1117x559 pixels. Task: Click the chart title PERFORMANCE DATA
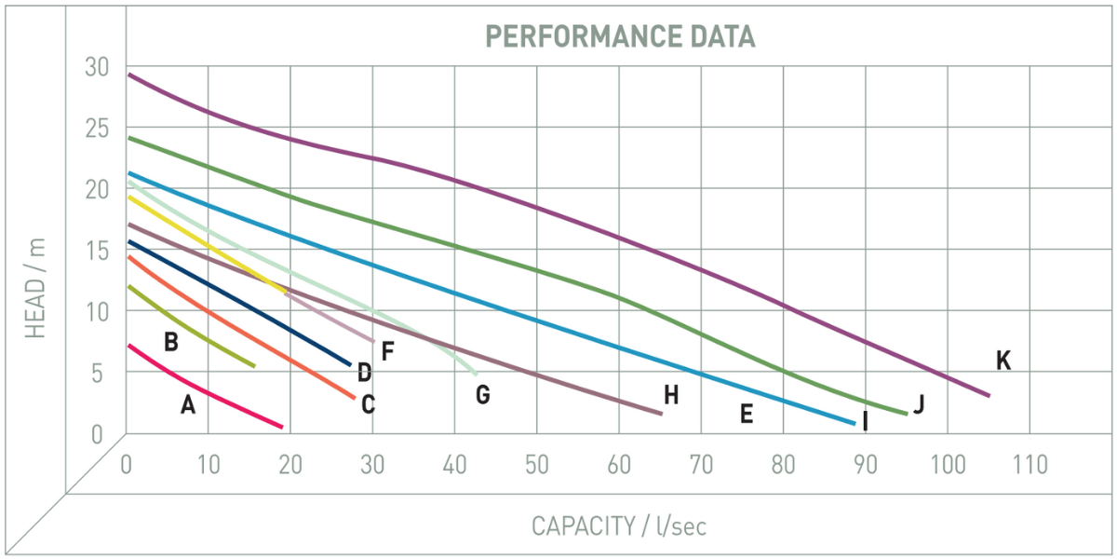tap(620, 37)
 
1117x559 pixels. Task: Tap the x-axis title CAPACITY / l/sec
tap(619, 525)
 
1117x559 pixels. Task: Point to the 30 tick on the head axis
tap(97, 67)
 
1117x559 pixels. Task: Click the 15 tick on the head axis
tap(97, 250)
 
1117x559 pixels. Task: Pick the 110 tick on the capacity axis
tap(1029, 464)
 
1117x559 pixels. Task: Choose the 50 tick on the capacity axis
tap(537, 464)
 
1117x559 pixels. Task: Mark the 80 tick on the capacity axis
tap(783, 464)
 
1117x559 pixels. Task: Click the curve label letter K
tap(1003, 361)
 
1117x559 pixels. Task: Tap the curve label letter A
tap(188, 404)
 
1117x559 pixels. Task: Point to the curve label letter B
tap(170, 342)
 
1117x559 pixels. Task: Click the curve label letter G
tap(482, 395)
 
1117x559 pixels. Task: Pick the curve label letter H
tap(671, 395)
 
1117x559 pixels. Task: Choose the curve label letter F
tap(388, 351)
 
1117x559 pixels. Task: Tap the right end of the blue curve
tap(853, 423)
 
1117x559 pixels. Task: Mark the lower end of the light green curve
tap(475, 373)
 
